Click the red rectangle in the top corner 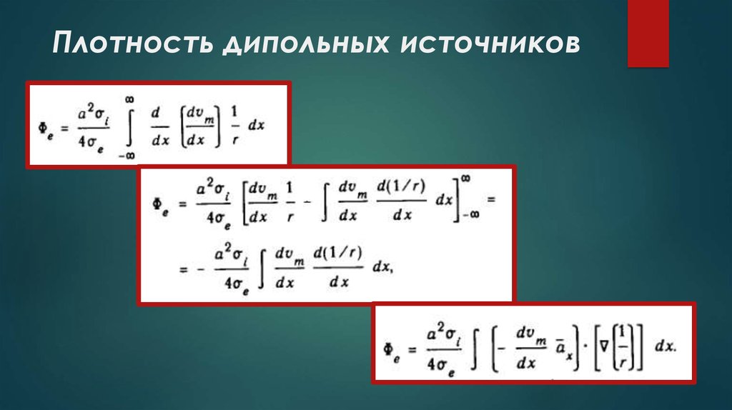(x=648, y=33)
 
